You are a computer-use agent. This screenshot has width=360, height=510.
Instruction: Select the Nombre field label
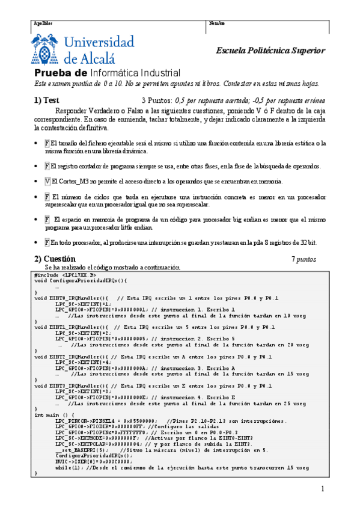217,23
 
